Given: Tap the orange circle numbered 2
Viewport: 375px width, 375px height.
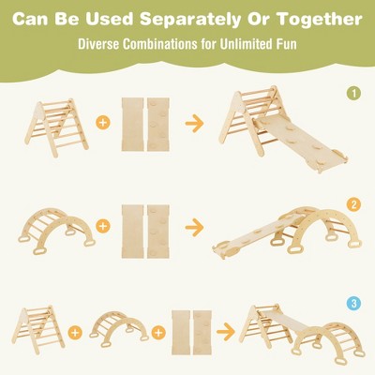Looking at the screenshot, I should click(x=352, y=203).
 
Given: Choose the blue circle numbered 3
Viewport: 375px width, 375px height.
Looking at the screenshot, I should click(x=352, y=303).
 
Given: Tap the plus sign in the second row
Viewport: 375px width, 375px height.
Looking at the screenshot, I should click(x=102, y=226).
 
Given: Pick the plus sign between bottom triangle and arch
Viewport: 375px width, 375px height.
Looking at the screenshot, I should click(x=76, y=330).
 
